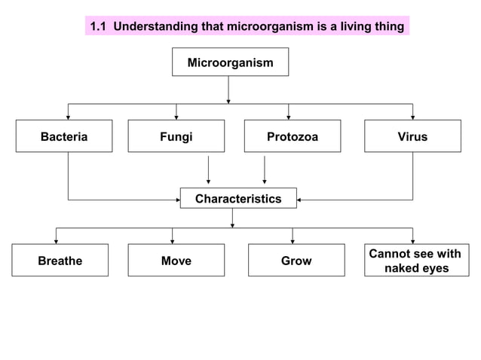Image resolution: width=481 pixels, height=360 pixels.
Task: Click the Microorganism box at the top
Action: [x=230, y=63]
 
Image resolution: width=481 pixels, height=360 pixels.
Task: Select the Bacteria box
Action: [x=64, y=136]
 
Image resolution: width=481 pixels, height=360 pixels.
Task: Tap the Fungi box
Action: [x=176, y=136]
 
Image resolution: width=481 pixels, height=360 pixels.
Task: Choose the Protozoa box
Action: [x=292, y=136]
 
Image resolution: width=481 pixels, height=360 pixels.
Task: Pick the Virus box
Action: [x=412, y=136]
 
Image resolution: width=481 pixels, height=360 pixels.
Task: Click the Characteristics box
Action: [x=237, y=199]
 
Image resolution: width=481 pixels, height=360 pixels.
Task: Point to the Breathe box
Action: [x=60, y=261]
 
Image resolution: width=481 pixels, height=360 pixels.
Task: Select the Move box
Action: [x=176, y=261]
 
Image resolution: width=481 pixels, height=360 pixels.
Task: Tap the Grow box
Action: [x=296, y=261]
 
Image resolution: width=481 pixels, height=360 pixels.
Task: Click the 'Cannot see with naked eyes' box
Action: [x=414, y=261]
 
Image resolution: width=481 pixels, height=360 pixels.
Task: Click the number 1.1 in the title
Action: [x=99, y=27]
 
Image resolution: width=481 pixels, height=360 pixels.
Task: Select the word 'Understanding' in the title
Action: [x=156, y=27]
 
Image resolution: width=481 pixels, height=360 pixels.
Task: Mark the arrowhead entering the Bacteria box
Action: [x=69, y=117]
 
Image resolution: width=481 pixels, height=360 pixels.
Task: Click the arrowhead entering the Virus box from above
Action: [x=412, y=117]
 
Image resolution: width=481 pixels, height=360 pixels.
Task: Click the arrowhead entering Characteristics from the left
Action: [x=176, y=200]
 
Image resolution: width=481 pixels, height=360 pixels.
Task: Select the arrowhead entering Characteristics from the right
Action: [x=300, y=200]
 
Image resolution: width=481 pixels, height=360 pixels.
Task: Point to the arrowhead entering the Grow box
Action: [x=293, y=241]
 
